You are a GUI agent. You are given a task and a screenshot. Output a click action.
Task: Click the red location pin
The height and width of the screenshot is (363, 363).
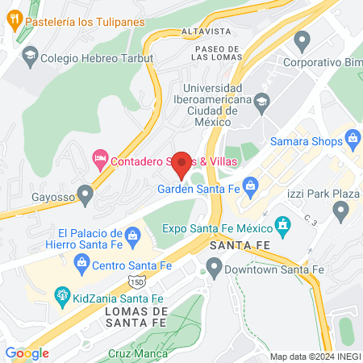tap(182, 164)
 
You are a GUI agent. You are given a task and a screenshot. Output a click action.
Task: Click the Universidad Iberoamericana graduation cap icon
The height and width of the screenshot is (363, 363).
tap(262, 102)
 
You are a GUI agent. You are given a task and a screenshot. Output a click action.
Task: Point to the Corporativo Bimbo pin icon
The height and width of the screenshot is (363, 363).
tap(302, 39)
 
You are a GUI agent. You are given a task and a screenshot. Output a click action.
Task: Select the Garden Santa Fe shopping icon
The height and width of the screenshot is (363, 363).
tap(251, 188)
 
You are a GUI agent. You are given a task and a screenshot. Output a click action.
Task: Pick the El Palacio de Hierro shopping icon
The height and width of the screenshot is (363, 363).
tap(147, 235)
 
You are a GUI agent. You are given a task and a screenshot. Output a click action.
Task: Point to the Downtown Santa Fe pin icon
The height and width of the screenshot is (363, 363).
tap(214, 265)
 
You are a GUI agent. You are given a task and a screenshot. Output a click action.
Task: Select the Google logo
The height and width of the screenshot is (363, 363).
tap(27, 353)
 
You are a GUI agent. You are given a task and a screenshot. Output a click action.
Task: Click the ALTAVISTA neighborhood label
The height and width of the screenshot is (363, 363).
tap(208, 31)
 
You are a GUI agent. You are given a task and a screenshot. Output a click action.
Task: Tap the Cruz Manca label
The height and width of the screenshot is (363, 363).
tap(138, 353)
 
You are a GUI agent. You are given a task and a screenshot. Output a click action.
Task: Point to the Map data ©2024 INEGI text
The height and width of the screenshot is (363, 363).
tap(315, 357)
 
